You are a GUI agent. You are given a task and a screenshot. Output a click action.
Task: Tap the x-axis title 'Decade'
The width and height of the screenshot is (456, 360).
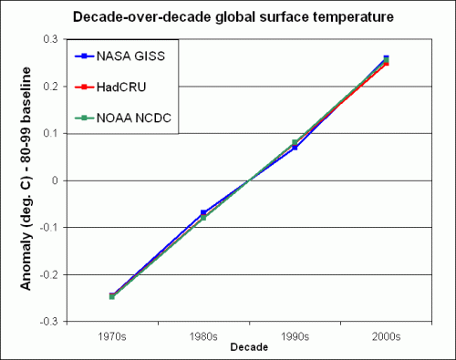(249, 347)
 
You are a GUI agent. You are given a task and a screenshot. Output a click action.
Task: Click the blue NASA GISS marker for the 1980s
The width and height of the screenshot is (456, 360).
(202, 212)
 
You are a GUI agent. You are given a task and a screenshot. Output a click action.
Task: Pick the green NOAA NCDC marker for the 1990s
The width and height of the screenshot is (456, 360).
(295, 142)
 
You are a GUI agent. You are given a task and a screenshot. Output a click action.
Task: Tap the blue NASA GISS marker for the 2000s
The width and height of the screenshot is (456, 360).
(386, 58)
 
